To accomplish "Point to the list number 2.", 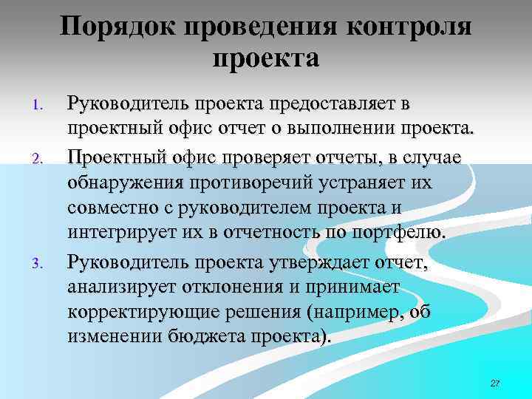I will (41, 157).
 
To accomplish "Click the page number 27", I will (495, 383).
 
